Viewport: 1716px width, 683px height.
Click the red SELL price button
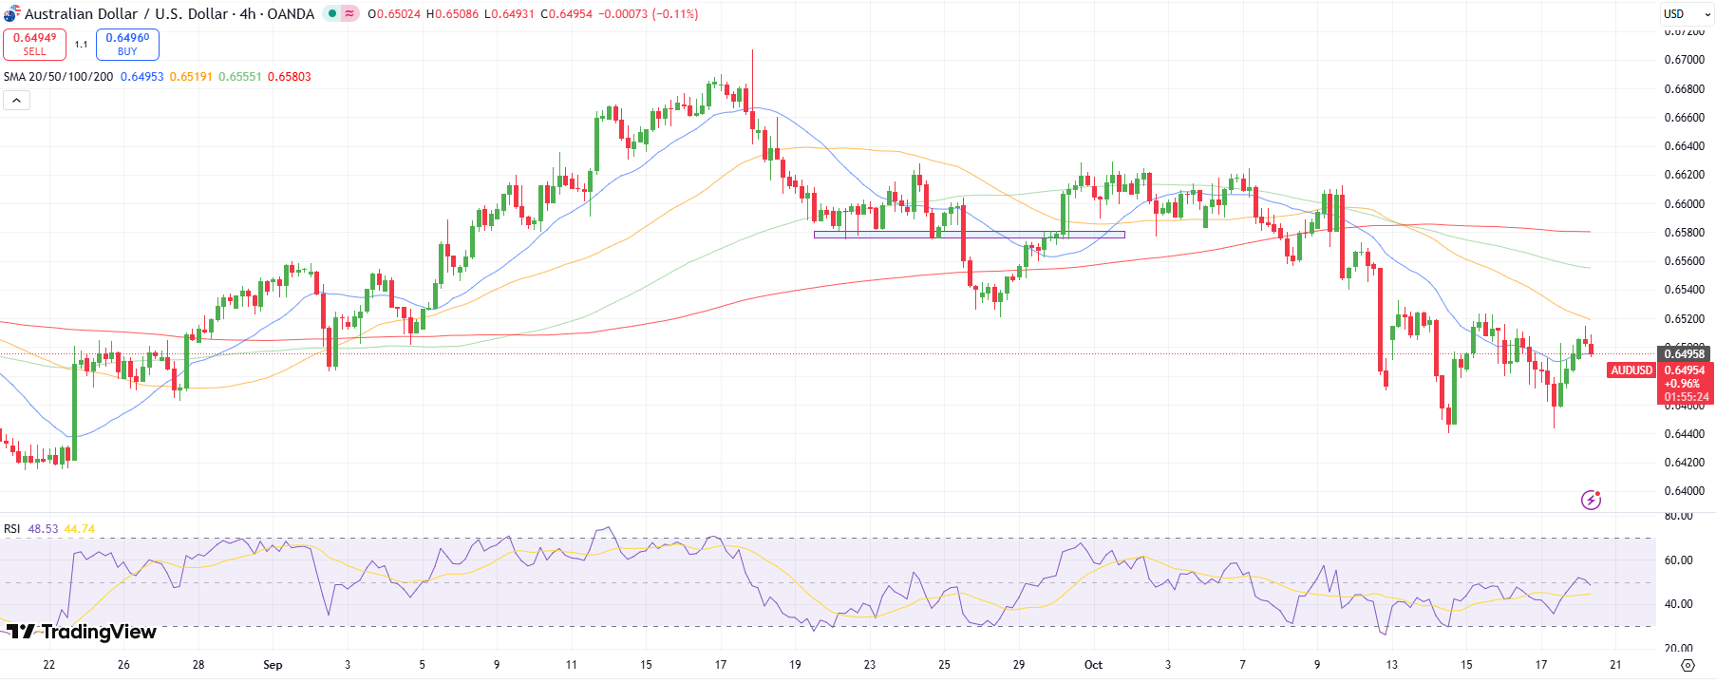34,44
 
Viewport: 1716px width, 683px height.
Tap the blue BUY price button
127,44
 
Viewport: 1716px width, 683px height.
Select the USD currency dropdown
1687,14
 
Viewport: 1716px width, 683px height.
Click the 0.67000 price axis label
1684,60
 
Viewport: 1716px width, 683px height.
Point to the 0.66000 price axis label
1684,204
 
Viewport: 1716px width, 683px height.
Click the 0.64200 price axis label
1684,463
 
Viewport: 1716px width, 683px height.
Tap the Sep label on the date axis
273,665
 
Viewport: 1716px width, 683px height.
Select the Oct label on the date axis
1093,665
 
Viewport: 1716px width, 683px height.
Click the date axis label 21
1615,665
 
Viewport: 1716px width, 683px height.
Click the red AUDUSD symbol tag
1631,370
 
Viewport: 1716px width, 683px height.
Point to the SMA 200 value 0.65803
290,77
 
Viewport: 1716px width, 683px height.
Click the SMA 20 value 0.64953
141,77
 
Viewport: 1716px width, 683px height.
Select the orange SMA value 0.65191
191,77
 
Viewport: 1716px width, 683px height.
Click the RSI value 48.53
43,529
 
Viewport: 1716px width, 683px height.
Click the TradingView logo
81,632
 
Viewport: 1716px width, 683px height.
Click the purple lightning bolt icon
1591,500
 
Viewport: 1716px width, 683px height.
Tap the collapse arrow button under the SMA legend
16,101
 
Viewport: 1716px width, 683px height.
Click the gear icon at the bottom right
1688,665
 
